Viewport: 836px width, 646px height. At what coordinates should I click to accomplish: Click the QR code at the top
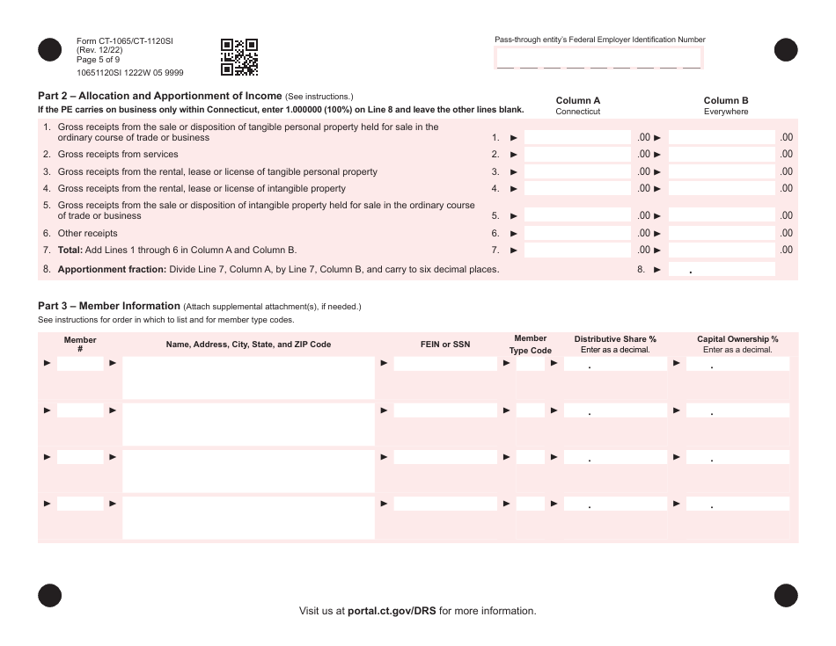(239, 56)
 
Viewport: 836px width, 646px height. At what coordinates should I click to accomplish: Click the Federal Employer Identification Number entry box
(599, 58)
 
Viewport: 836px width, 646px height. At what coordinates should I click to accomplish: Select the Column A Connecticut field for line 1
(576, 137)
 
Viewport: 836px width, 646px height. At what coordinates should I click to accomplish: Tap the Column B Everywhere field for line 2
(722, 155)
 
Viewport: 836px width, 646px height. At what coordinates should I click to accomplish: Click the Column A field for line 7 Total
(576, 250)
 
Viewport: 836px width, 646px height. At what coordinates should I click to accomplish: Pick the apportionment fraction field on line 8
(722, 269)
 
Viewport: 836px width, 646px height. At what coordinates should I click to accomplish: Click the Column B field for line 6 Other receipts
(722, 233)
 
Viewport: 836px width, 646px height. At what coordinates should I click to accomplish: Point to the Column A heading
(578, 101)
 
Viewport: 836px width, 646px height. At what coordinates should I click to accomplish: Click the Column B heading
(726, 101)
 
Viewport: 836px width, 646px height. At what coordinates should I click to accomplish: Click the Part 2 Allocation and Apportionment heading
(159, 96)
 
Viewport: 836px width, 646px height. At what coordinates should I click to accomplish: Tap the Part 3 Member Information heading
(108, 306)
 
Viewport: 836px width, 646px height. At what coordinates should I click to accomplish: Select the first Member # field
(80, 363)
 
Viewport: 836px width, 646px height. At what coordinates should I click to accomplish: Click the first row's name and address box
(248, 378)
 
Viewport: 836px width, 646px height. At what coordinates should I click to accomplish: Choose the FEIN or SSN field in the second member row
(445, 410)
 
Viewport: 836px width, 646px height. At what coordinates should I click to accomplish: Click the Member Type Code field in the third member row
(531, 457)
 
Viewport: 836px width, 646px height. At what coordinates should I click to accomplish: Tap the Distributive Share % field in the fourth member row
(616, 504)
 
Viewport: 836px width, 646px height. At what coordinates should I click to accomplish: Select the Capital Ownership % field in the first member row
(737, 363)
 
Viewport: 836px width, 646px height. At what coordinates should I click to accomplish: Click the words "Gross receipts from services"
(118, 155)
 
